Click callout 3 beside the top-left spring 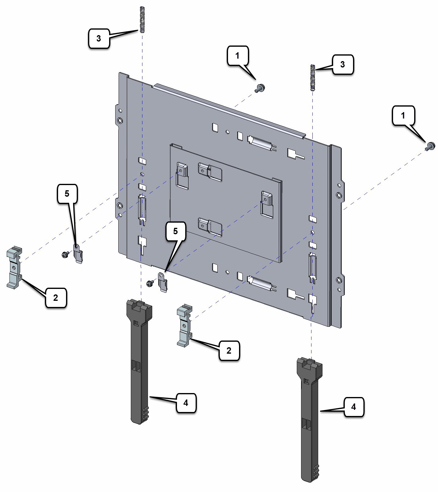tap(98, 38)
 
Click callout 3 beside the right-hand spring tap(343, 64)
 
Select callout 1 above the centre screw tap(237, 56)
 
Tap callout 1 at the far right tap(403, 115)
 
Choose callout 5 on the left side tap(67, 193)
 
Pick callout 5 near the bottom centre tap(175, 231)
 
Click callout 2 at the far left tap(56, 297)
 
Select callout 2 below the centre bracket tap(229, 351)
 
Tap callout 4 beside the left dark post tap(186, 403)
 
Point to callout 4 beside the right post tap(354, 407)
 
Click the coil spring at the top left tap(142, 20)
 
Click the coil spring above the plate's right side tap(312, 78)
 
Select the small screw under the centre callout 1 tap(260, 88)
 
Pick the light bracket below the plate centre tap(184, 326)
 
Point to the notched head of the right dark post tap(310, 368)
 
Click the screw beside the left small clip tap(65, 254)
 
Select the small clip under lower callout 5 tap(163, 282)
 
